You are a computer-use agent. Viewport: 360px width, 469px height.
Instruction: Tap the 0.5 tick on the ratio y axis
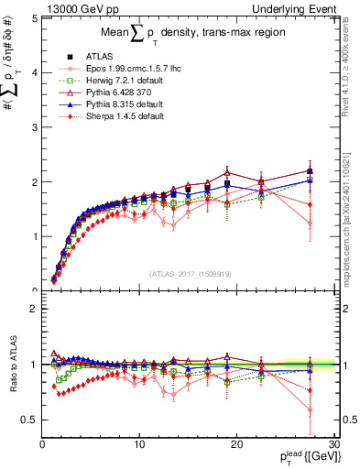(29, 420)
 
